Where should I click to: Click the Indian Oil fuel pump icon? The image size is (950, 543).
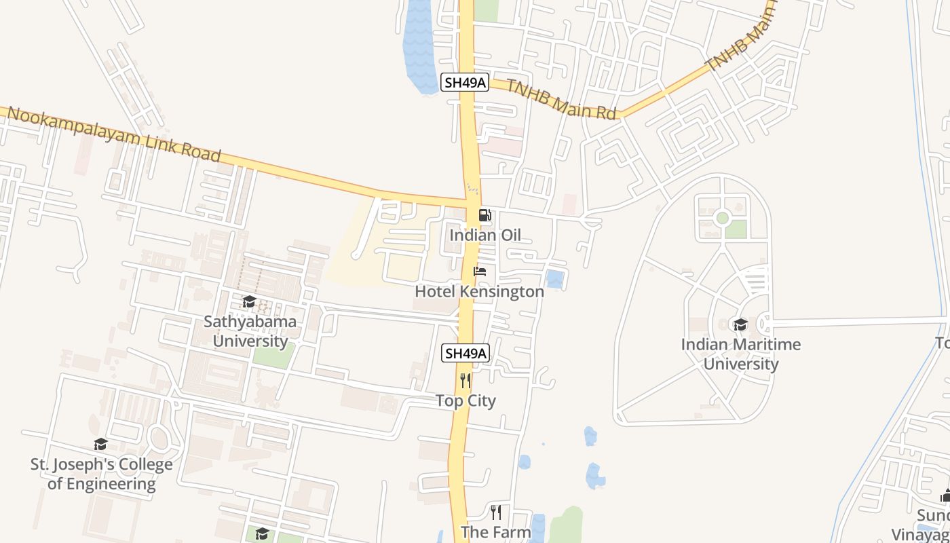484,216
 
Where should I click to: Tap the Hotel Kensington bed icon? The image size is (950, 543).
480,271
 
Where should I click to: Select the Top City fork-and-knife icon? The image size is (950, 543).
465,380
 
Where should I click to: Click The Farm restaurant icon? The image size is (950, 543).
496,512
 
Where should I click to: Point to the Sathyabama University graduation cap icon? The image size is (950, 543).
249,302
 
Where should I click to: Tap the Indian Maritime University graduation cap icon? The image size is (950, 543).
740,325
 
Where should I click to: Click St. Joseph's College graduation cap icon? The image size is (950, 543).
100,445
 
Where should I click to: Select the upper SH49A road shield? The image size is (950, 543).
464,83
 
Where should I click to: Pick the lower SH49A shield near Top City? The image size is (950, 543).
465,354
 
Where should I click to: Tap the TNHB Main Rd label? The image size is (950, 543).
560,100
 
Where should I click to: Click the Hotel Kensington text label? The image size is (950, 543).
479,292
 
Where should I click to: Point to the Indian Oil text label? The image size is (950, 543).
485,236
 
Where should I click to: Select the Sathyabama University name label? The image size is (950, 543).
250,331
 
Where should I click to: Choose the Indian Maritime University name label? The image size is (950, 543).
740,354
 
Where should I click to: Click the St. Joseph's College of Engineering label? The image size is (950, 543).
102,474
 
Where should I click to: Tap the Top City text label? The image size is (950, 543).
465,401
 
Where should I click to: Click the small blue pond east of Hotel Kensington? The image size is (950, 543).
554,279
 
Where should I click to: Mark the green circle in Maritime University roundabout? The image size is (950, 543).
722,218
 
